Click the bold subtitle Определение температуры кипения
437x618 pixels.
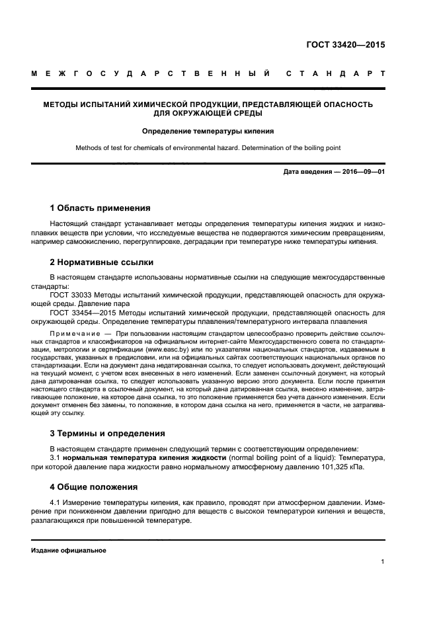208,131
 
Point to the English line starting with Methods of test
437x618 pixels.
208,148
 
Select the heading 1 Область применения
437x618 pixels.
100,208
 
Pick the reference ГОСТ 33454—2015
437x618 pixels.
86,313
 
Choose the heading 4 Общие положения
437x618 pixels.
95,487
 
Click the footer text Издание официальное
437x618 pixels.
69,550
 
